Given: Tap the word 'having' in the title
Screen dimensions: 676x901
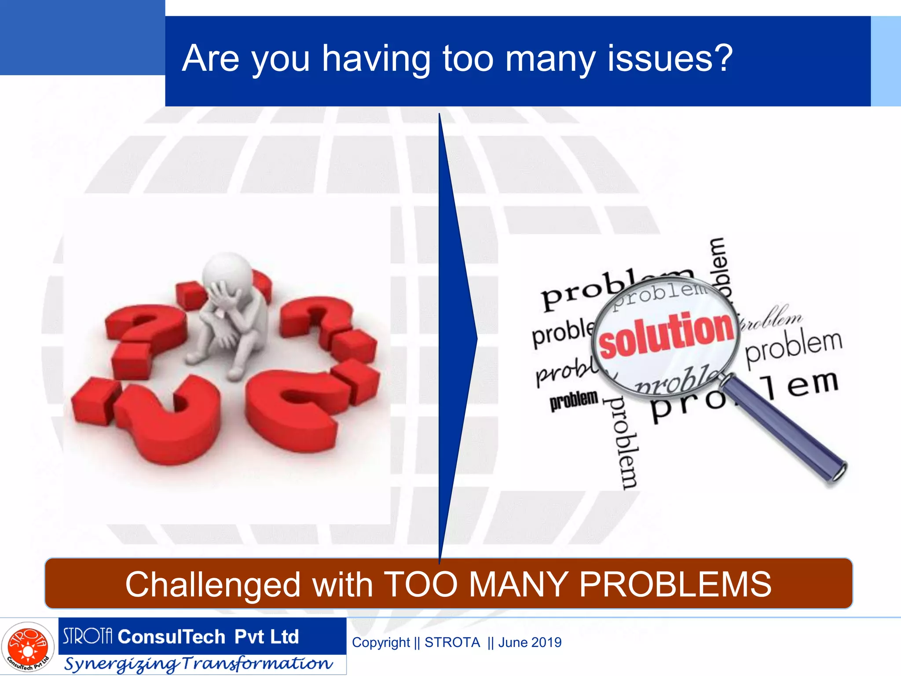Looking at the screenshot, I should tap(376, 60).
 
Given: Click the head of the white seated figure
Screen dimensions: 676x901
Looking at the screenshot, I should tap(227, 270).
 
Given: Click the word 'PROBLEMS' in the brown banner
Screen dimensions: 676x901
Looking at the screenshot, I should tap(675, 584).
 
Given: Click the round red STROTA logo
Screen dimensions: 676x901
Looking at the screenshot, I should tap(28, 647).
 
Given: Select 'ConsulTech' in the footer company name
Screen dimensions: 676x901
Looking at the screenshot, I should tap(172, 636).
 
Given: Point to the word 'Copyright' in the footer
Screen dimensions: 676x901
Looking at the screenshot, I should tap(381, 643).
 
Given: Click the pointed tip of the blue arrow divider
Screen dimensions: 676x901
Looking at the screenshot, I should tap(476, 338).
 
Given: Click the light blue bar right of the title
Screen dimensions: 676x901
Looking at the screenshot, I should tap(886, 61).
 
